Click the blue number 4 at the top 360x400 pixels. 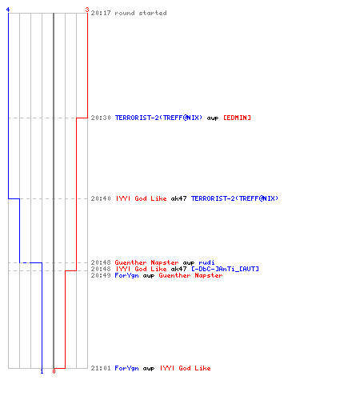(x=8, y=10)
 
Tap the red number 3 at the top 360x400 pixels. (x=87, y=10)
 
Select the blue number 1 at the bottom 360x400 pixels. (x=42, y=371)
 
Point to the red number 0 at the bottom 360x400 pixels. (x=54, y=371)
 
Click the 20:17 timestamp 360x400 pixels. (x=101, y=13)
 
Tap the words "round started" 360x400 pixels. (x=141, y=13)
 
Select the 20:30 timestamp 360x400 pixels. (x=101, y=118)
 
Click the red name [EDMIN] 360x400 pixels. (x=237, y=118)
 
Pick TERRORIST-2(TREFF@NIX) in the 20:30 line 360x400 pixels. (x=158, y=118)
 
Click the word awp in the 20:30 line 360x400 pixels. (x=213, y=118)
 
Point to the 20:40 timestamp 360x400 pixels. (x=101, y=198)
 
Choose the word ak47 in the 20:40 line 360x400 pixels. (x=178, y=198)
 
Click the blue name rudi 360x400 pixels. (x=206, y=262)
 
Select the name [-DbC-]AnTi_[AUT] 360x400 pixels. (x=225, y=269)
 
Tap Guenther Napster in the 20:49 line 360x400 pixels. (x=190, y=275)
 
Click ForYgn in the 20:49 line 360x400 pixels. (x=126, y=275)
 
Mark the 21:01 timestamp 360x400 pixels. (x=101, y=368)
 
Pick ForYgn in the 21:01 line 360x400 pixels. (x=126, y=368)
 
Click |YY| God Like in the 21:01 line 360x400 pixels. (x=186, y=368)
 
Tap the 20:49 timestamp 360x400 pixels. (x=101, y=275)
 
